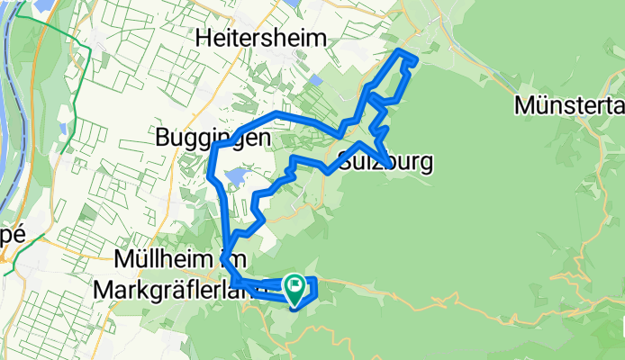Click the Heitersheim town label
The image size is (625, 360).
click(262, 38)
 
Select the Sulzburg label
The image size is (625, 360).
click(386, 163)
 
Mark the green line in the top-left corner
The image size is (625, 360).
click(54, 27)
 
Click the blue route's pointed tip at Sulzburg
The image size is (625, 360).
click(388, 165)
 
